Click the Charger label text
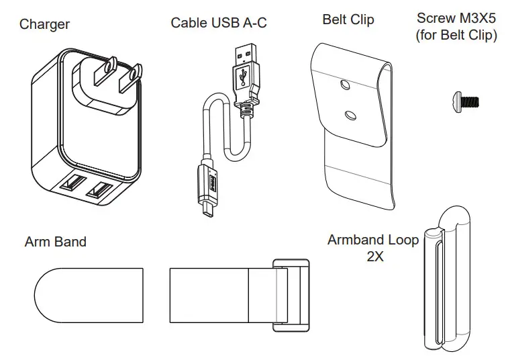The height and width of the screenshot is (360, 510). pyautogui.click(x=44, y=25)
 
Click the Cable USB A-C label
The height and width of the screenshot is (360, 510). pyautogui.click(x=218, y=23)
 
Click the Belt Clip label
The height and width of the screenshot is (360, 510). pyautogui.click(x=348, y=19)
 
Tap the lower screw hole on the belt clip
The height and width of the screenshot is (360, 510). pyautogui.click(x=350, y=116)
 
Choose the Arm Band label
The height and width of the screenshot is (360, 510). pyautogui.click(x=56, y=241)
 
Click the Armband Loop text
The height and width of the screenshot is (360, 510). pyautogui.click(x=373, y=240)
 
